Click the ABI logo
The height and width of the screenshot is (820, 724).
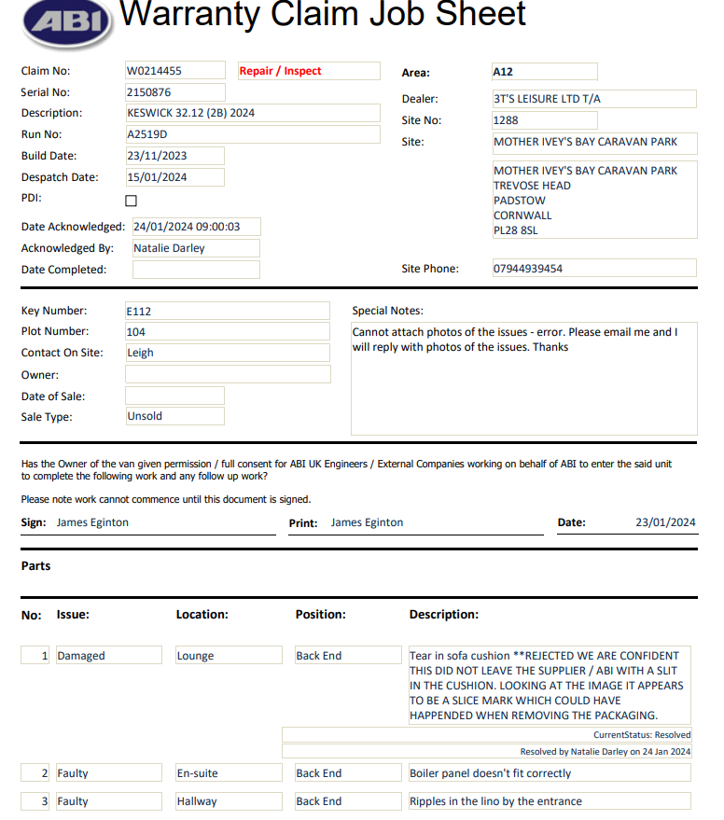(69, 22)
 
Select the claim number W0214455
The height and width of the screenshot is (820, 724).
(155, 71)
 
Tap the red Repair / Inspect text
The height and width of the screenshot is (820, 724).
(281, 71)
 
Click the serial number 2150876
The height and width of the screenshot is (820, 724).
(149, 92)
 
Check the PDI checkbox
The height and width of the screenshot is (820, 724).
(131, 200)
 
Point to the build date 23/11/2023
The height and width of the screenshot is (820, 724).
(157, 156)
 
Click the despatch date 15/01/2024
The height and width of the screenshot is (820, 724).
(157, 177)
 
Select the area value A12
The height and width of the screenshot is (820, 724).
(504, 72)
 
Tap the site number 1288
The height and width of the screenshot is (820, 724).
(507, 120)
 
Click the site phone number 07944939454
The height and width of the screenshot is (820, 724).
(528, 269)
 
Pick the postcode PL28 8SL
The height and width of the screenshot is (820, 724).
(516, 230)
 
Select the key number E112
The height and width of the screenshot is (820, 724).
(139, 311)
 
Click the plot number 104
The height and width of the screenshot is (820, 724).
(136, 331)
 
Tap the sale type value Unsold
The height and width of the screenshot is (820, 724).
(145, 416)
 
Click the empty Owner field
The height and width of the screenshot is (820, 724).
(228, 374)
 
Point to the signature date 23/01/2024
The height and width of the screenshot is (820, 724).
(665, 522)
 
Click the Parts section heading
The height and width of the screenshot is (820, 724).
(36, 566)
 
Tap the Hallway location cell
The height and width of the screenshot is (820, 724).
(197, 801)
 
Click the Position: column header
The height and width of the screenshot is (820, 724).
(321, 615)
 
